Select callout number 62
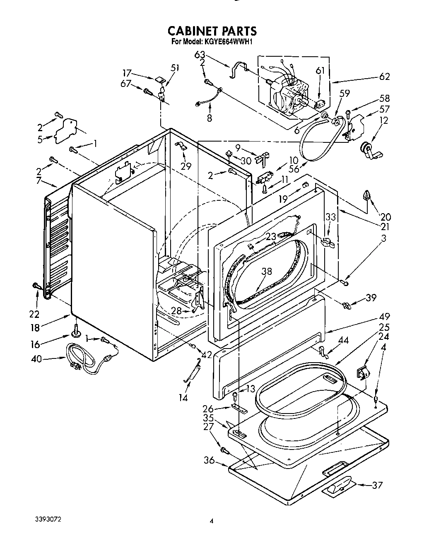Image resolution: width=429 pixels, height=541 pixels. click(384, 77)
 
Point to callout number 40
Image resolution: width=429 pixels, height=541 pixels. click(36, 359)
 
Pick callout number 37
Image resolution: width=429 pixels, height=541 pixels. click(377, 485)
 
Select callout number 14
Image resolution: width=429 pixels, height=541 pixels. click(183, 398)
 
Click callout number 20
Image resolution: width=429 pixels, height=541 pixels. click(386, 216)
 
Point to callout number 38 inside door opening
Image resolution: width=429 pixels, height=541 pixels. click(267, 272)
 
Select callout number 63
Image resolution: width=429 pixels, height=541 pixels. click(200, 55)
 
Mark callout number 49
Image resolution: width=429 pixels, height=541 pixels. click(384, 317)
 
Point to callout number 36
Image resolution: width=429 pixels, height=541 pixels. click(209, 459)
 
